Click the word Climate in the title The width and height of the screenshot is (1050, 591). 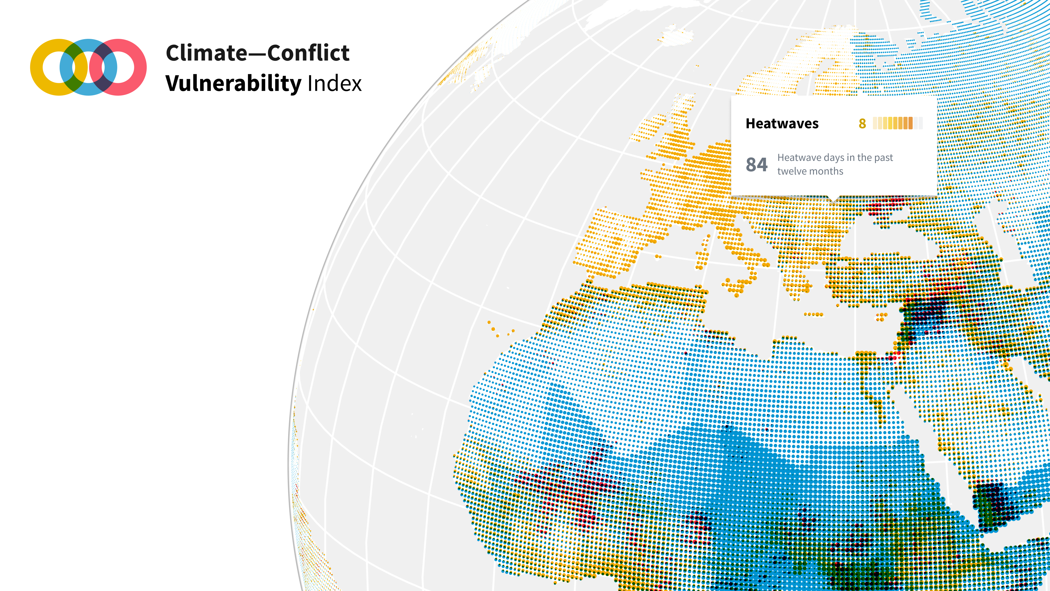tap(206, 53)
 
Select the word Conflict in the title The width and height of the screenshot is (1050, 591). tap(308, 53)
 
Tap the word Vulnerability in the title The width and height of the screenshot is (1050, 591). tap(233, 84)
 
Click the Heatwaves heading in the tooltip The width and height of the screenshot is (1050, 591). tap(782, 124)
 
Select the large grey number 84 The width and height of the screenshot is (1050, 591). tap(757, 165)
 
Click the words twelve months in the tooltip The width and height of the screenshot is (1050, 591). tap(810, 171)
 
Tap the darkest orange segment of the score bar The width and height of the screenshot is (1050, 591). tap(910, 123)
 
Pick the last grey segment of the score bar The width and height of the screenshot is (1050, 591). tap(920, 123)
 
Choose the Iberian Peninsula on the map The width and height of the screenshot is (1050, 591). tap(611, 245)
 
